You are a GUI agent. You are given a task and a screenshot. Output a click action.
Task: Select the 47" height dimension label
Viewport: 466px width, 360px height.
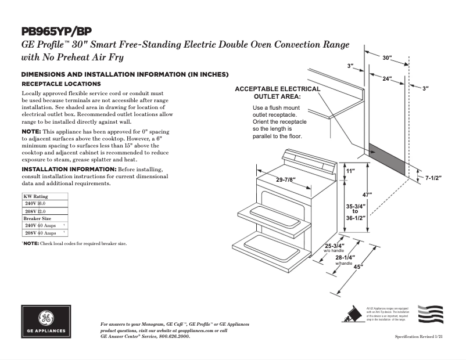tap(367, 195)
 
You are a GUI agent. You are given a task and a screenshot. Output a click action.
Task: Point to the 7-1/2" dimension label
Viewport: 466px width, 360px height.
tap(433, 178)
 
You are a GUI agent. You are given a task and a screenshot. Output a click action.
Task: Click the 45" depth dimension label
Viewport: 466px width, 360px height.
tap(358, 267)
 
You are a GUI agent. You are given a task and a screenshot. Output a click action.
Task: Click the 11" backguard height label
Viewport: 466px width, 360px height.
tap(350, 172)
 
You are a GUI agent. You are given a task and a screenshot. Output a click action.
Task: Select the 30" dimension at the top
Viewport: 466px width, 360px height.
tap(387, 58)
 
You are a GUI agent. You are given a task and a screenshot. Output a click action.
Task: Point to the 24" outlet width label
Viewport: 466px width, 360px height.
tap(387, 78)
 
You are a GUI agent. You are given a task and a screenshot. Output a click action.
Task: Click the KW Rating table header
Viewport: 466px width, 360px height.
tap(36, 197)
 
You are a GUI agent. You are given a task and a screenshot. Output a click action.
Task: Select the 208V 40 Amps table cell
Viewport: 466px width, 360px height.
tap(41, 233)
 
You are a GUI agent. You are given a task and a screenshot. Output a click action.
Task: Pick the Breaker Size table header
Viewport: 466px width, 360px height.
tap(37, 218)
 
